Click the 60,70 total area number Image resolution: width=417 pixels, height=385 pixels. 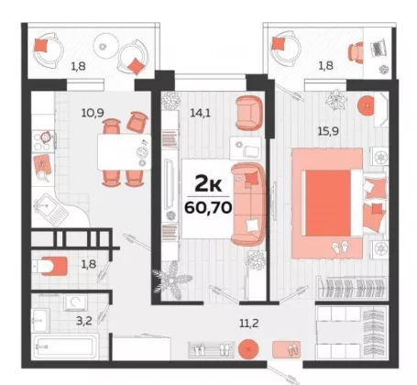coord(208,208)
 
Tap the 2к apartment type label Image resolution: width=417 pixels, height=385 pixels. coord(208,183)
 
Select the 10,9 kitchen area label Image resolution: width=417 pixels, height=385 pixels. coord(93,113)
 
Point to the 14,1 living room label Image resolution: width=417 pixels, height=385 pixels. coord(201,114)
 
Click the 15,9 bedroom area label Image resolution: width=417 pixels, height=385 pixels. coord(328,131)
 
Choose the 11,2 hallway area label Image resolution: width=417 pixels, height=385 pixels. coord(249,323)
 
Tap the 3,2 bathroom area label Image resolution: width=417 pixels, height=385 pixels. coord(84,321)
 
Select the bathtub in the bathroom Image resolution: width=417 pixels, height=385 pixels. coord(65,347)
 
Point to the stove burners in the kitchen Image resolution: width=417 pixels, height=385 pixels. coord(43,140)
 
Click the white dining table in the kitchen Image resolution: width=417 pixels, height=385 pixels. coord(125,152)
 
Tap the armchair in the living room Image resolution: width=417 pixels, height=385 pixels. coord(249,113)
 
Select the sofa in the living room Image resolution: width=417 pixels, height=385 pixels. coord(248,203)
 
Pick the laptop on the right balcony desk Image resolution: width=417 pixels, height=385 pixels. coord(379,49)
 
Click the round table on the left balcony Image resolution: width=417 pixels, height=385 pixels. coord(105,46)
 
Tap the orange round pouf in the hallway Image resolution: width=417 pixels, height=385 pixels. coord(248,349)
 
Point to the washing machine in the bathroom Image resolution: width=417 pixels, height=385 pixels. coord(75,302)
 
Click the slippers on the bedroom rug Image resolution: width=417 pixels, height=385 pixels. coord(341,247)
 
